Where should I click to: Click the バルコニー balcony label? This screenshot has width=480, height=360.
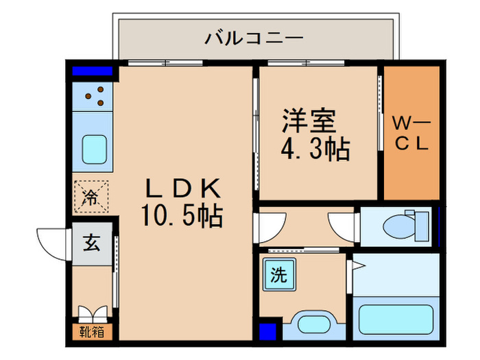tap(254, 38)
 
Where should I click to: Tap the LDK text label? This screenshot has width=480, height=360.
tap(183, 189)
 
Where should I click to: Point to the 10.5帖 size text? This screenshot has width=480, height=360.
tap(182, 216)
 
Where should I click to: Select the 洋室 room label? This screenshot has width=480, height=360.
tap(309, 121)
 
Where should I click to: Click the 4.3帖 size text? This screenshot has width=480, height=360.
tap(315, 149)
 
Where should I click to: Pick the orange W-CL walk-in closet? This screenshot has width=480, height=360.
tap(411, 133)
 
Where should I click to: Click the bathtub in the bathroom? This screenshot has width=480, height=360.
tap(396, 320)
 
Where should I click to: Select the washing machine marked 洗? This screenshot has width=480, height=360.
tap(279, 274)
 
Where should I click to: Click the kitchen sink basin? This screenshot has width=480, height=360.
tap(94, 149)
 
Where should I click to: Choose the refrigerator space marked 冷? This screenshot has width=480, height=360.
tap(91, 197)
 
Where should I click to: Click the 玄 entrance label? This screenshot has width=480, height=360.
tap(91, 243)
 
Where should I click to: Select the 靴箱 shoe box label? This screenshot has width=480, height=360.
tap(92, 331)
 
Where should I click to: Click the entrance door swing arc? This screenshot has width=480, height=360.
tap(46, 248)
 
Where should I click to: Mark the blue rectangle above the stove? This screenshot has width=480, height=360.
tap(92, 71)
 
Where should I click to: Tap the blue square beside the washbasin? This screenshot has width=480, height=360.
tap(267, 331)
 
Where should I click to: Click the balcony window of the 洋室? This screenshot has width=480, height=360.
tap(306, 63)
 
